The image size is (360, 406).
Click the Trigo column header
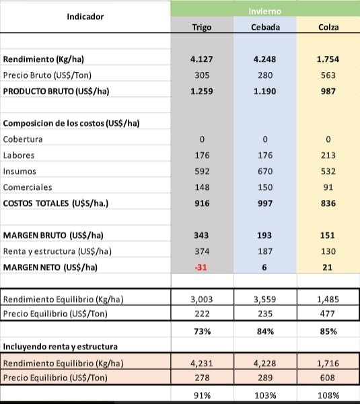202,27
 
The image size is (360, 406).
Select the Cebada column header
265,27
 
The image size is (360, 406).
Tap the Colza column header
328,27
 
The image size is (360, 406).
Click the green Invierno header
264,11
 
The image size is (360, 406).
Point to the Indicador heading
85,17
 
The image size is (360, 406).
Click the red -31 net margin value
201,267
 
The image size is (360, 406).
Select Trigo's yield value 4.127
202,59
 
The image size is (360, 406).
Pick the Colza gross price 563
328,75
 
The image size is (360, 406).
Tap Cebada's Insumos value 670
265,171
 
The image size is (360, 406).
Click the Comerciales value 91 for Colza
328,187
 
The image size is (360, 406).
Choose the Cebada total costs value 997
265,203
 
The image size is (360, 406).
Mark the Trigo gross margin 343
201,235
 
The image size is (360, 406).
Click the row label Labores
19,156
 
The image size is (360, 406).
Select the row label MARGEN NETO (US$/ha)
50,267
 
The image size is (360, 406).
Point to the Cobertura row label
23,139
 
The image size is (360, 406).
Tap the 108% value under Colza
328,395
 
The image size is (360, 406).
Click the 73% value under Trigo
202,331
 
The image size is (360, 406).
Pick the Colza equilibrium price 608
328,378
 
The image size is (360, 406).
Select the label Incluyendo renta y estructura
61,347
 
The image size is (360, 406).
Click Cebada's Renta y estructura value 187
265,251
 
